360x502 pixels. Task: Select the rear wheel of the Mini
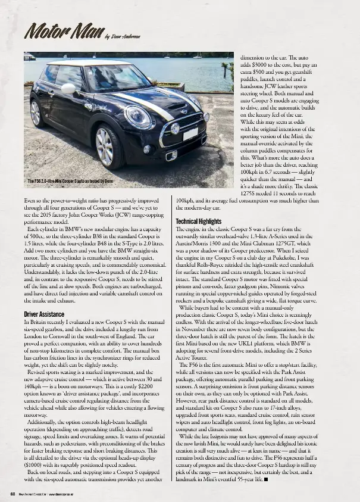pyautogui.click(x=35, y=113)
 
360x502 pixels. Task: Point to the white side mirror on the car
pyautogui.click(x=68, y=89)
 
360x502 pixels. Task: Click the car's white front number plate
pyautogui.click(x=190, y=135)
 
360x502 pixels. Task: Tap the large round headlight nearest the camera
pyautogui.click(x=138, y=116)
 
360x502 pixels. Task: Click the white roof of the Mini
pyautogui.click(x=89, y=63)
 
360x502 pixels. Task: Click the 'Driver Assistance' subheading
pyautogui.click(x=44, y=314)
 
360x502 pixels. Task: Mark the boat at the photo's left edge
pyautogui.click(x=29, y=57)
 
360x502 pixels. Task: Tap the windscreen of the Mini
pyautogui.click(x=117, y=78)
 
